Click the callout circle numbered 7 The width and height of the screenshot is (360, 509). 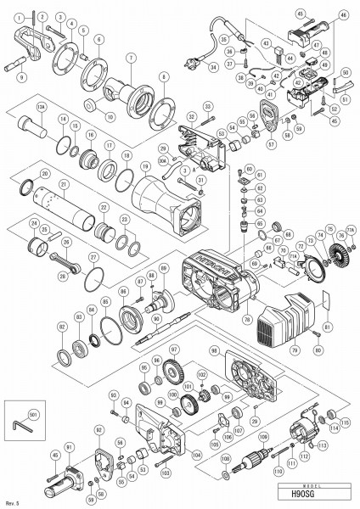click(131, 57)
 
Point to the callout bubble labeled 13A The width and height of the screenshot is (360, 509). click(42, 107)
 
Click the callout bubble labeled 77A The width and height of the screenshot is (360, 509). click(350, 228)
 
